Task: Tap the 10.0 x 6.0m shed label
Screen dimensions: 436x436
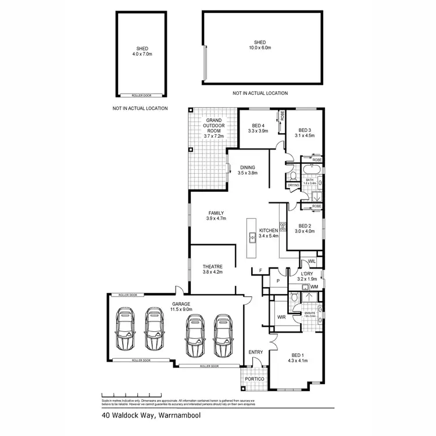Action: coord(260,45)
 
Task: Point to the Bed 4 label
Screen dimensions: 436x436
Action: coord(258,128)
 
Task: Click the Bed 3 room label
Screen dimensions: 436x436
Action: coord(306,133)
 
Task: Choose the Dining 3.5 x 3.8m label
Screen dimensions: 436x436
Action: coord(248,170)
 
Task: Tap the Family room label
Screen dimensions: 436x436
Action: coord(215,216)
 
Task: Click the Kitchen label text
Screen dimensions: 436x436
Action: coord(268,232)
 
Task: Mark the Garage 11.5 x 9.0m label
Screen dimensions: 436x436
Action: coord(181,306)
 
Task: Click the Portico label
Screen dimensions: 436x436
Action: coord(255,379)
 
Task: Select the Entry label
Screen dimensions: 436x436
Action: coord(256,352)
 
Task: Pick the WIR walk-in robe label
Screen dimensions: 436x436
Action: coord(281,317)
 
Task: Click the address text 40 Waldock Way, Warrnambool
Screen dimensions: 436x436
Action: coord(142,416)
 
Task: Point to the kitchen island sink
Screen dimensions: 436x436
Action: coord(252,237)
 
